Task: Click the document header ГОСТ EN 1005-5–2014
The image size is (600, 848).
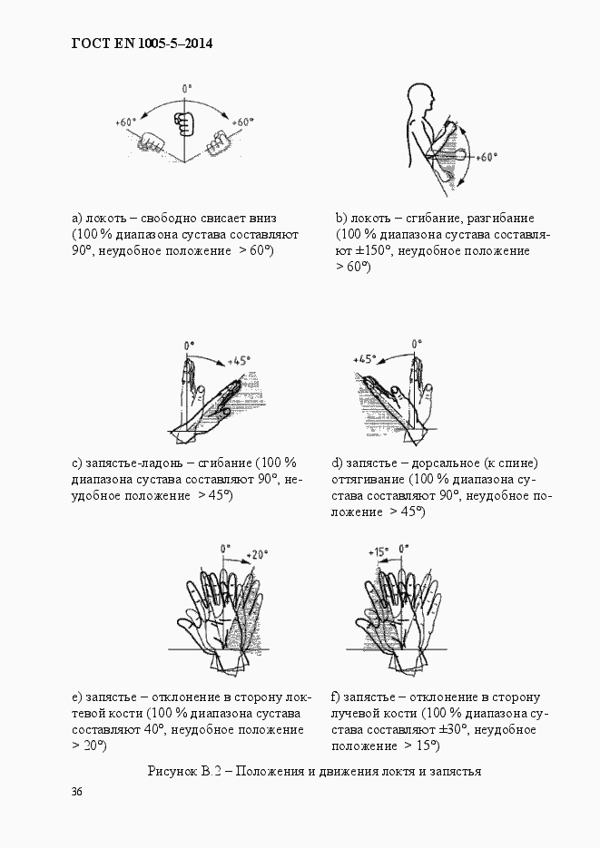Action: tap(141, 44)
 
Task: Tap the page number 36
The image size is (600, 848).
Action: tap(77, 792)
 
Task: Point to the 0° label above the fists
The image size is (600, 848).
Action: tap(187, 89)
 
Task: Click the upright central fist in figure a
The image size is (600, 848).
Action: tap(184, 121)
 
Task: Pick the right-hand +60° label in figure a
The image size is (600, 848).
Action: tap(242, 122)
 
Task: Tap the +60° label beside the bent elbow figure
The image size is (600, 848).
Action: tap(486, 156)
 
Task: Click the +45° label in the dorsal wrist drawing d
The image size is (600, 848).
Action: tap(365, 358)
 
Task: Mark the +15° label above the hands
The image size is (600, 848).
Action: tap(379, 551)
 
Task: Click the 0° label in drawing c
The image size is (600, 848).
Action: tap(189, 346)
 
